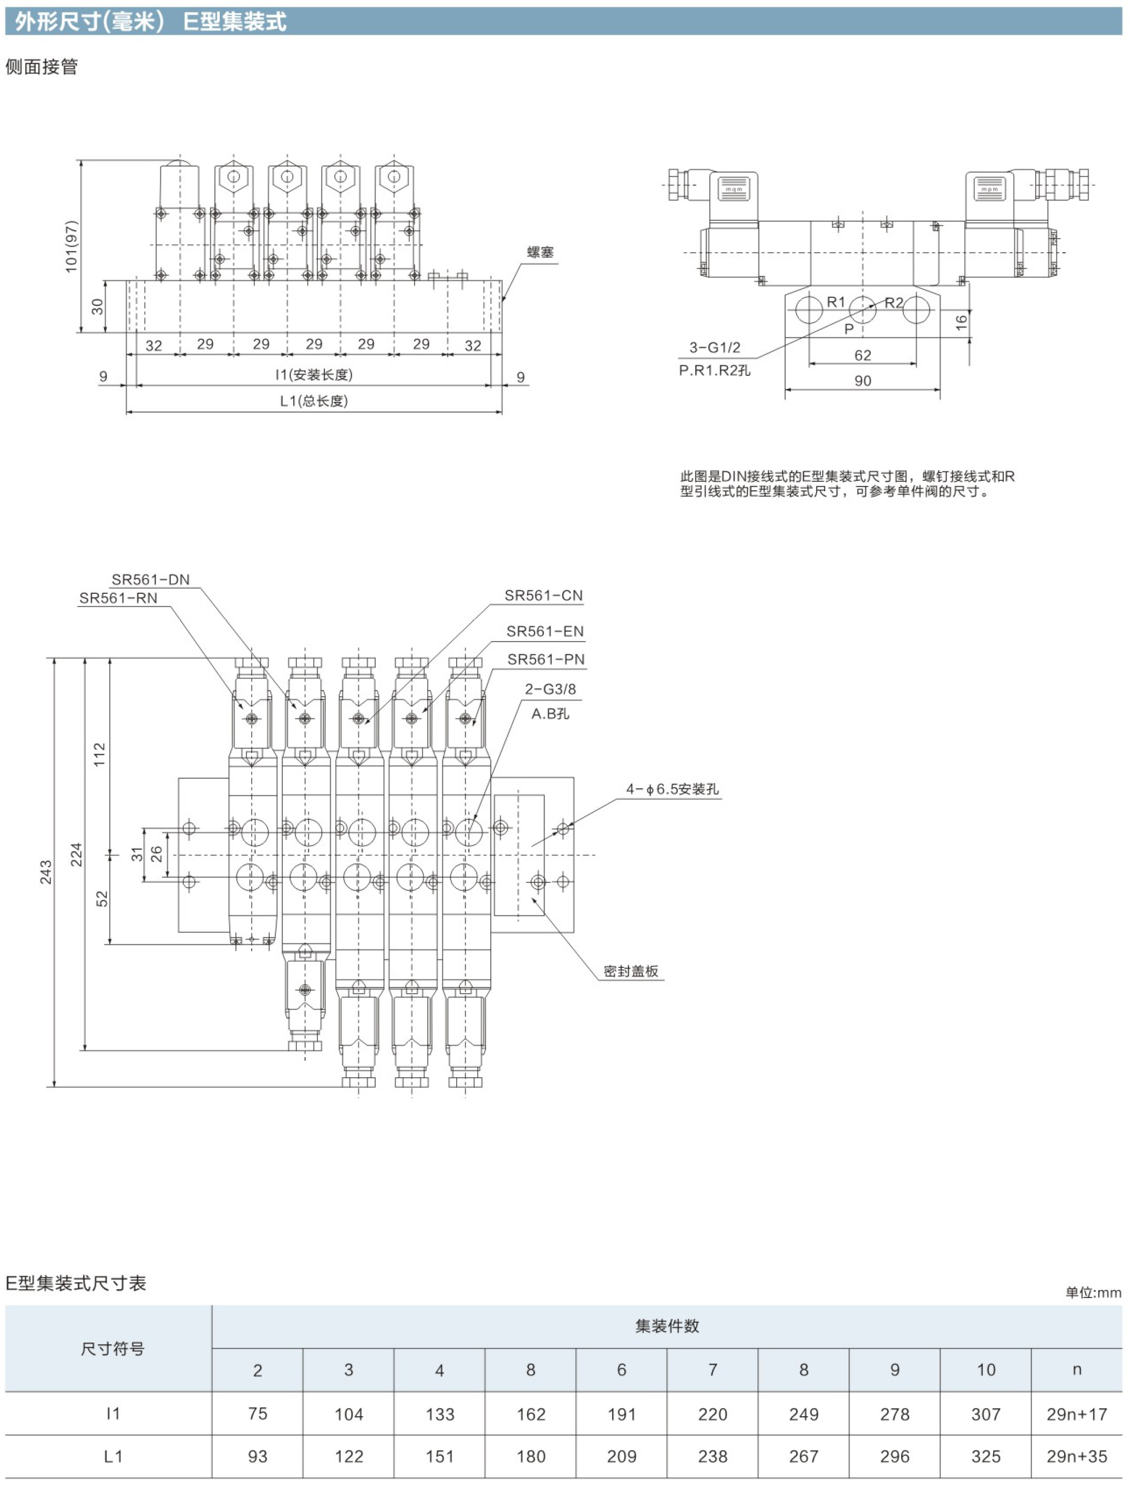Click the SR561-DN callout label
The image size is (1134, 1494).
point(151,580)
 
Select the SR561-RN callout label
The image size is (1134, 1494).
point(118,597)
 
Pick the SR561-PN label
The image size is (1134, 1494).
point(547,659)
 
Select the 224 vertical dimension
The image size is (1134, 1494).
point(76,854)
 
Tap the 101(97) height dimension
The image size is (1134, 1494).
point(71,246)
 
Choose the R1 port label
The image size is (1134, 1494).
point(836,302)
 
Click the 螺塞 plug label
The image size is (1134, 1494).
point(540,252)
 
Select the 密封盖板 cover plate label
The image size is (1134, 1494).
point(631,971)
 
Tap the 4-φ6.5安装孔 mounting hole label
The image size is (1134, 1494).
point(673,789)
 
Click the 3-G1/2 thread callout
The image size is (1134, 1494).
point(715,347)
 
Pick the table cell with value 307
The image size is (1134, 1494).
point(985,1414)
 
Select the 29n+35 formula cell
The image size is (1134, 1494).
point(1077,1456)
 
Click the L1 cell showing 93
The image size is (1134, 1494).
point(257,1456)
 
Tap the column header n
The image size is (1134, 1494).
point(1077,1370)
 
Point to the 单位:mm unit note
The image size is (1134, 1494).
point(1093,1293)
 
